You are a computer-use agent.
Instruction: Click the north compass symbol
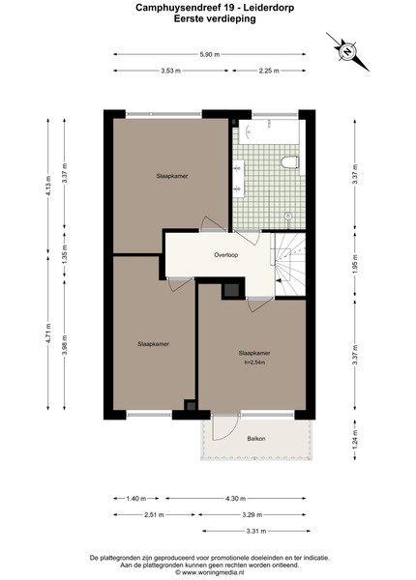coord(347,51)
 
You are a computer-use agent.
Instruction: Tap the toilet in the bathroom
coord(290,162)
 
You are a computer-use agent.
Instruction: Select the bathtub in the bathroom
coord(269,131)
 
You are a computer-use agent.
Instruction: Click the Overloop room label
coord(225,255)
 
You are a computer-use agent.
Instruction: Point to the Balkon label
coord(256,439)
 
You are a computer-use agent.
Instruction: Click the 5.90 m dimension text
coord(210,54)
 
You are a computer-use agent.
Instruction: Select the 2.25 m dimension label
coord(269,71)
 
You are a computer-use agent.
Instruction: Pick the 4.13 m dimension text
coord(48,186)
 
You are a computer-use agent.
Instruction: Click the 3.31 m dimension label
coord(256,531)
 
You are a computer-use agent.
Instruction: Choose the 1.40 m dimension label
coord(136,499)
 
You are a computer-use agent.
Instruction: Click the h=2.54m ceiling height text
coord(254,362)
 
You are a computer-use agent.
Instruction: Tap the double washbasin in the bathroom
coord(238,179)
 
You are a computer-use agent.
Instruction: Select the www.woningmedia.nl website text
coord(213,572)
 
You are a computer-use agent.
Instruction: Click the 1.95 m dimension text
coord(355,264)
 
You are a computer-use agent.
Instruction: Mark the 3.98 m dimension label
coord(65,345)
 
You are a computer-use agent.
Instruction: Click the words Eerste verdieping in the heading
coord(215,18)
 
